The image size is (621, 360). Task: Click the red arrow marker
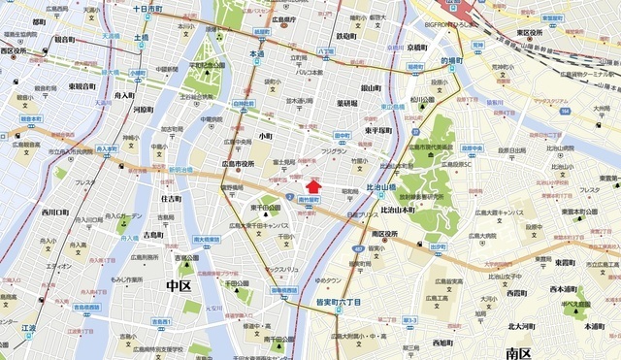[x=313, y=184]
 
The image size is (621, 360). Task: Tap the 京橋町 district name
[x=417, y=46]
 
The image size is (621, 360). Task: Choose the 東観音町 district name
[x=82, y=86]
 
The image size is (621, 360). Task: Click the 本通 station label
[x=258, y=55]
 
